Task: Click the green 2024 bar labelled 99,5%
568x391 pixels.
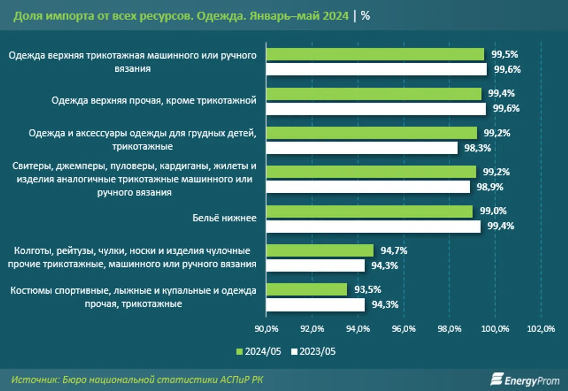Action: tap(375, 54)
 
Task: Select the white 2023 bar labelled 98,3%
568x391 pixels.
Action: tap(362, 148)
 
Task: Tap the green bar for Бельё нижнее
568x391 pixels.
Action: tap(369, 211)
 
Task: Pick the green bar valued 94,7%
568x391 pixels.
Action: tap(320, 250)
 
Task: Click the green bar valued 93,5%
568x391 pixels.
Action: tap(306, 289)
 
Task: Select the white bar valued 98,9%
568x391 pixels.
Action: tap(368, 187)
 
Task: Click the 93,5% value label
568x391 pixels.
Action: tap(365, 289)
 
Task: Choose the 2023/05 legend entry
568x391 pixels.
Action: tap(313, 352)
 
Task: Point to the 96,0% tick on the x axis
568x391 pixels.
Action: tap(403, 329)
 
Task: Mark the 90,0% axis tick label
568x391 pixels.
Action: tap(267, 329)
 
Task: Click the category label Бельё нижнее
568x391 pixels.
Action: tap(224, 218)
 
